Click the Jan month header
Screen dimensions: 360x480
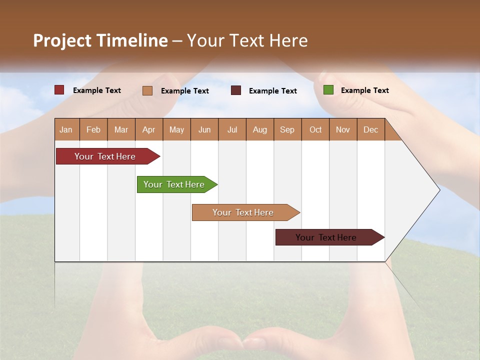[66, 129]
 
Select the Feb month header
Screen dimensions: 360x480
[93, 129]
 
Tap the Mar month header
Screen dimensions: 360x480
[121, 129]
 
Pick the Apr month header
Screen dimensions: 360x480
[149, 129]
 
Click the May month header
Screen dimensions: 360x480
[176, 129]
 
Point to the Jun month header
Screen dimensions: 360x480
[204, 129]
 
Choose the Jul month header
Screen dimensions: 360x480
[232, 129]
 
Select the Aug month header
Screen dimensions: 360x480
[260, 129]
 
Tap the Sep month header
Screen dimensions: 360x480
[287, 129]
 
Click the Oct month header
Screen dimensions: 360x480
[315, 129]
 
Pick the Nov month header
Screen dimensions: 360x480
[343, 129]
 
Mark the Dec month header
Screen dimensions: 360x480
[371, 129]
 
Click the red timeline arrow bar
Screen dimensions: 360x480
[105, 156]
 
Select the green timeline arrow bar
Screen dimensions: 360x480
[174, 184]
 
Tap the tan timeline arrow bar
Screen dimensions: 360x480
[243, 212]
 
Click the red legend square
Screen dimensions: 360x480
[59, 90]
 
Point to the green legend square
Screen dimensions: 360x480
[328, 90]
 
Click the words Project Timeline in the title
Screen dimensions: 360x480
[100, 40]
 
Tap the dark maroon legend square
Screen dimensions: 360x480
[236, 90]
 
